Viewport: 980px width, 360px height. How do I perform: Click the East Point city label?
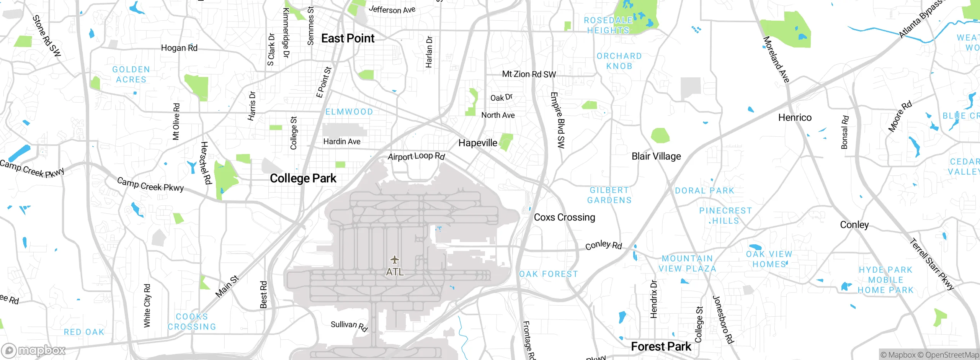[348, 38]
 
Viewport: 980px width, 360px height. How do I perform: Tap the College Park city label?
[303, 178]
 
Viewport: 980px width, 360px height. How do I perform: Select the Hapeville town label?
[478, 143]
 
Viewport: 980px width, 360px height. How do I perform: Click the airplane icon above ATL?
[395, 260]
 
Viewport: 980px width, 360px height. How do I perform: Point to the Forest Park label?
[661, 347]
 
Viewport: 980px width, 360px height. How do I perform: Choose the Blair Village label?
[656, 156]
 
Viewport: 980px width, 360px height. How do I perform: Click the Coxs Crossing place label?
[564, 217]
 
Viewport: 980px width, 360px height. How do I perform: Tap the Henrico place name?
[795, 118]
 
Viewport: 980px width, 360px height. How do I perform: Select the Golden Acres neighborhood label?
[131, 74]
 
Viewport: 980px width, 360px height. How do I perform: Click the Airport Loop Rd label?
[416, 156]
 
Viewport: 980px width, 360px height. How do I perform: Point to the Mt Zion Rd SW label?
[529, 74]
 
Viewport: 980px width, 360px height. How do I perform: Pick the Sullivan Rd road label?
[349, 326]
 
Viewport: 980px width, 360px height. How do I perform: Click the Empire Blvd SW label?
[558, 120]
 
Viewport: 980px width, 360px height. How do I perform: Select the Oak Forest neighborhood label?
[548, 274]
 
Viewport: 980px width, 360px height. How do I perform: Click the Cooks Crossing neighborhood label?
[192, 322]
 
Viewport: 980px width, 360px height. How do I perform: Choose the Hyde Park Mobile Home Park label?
[885, 280]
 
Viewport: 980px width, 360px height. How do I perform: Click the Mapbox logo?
[34, 350]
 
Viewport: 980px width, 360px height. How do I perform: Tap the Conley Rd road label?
[603, 245]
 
